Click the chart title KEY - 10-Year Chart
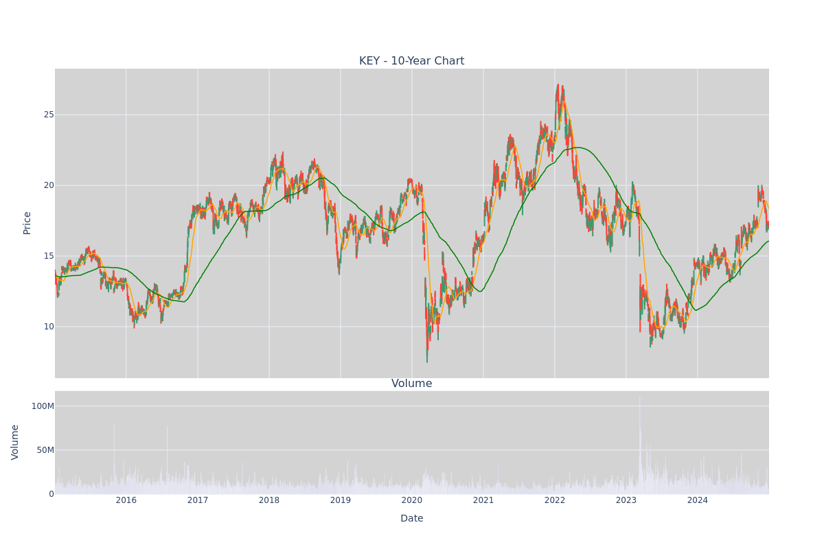click(411, 60)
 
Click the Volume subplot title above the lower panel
click(411, 384)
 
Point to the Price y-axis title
click(27, 223)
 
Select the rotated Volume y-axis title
click(14, 443)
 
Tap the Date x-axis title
click(411, 518)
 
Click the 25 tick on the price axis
click(49, 115)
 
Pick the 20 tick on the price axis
click(49, 185)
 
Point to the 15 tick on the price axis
click(49, 256)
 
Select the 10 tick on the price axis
click(49, 327)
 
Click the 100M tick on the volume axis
click(43, 406)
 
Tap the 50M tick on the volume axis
click(45, 450)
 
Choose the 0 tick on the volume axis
click(51, 494)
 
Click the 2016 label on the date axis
click(126, 500)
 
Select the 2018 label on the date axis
click(269, 500)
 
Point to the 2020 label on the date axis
click(412, 500)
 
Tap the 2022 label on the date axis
click(555, 500)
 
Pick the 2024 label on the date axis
click(698, 500)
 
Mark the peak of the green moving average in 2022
click(578, 148)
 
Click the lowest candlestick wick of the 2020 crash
click(427, 362)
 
